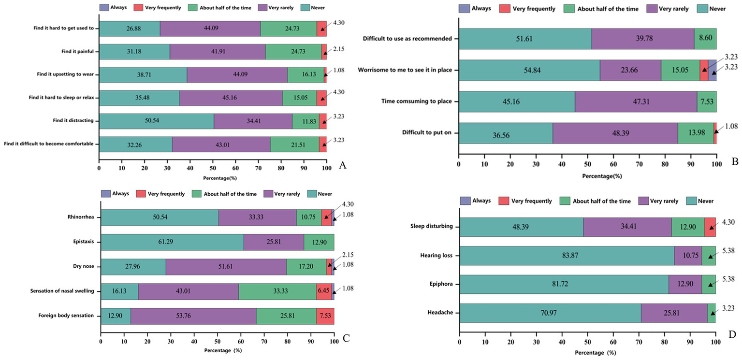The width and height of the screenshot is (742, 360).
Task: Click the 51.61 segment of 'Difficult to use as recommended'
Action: [x=525, y=39]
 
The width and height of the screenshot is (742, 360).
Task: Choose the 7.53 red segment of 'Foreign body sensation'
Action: [x=325, y=316]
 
